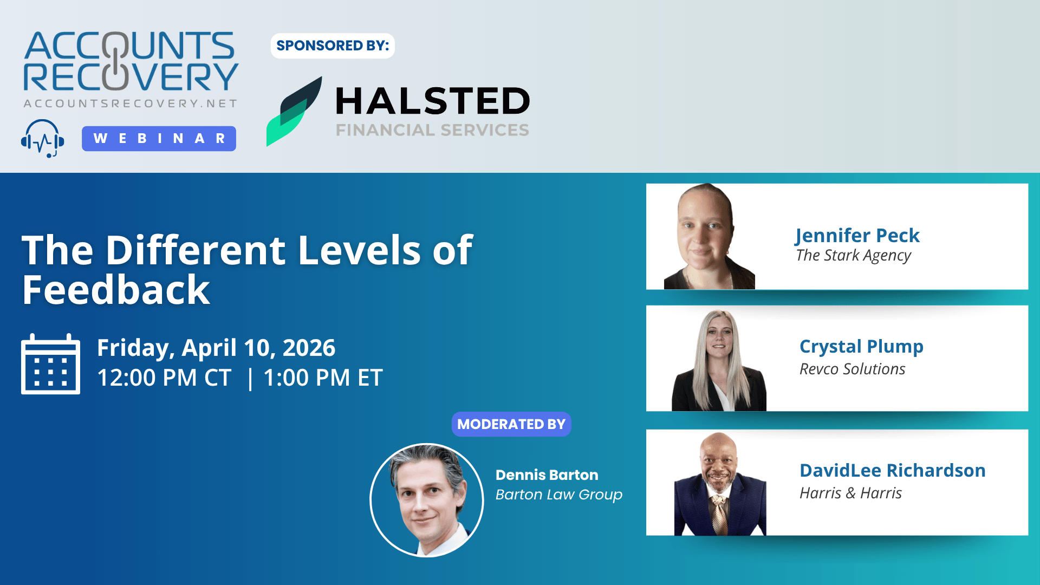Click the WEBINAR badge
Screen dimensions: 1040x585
tap(159, 139)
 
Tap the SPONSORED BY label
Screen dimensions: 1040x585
tap(333, 45)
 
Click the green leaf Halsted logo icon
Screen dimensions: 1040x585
tap(294, 112)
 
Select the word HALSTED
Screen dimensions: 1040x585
tap(433, 101)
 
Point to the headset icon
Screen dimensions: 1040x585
tap(42, 139)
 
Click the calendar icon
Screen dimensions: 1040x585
tap(50, 363)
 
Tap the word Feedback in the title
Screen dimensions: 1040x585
tap(116, 290)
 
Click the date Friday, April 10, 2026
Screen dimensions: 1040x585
tap(216, 348)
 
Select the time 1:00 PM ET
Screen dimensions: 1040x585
tap(323, 378)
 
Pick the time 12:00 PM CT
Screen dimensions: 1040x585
tap(164, 378)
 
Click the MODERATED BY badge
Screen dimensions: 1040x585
tap(511, 424)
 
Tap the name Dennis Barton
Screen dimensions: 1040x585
tap(547, 475)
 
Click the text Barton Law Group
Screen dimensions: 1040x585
tap(559, 495)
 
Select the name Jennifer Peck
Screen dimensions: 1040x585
tap(857, 236)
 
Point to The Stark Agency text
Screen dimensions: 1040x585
tap(854, 256)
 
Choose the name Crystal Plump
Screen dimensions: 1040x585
tap(861, 347)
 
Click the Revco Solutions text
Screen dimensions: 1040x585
tap(853, 369)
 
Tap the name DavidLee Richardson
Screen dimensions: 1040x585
tap(893, 470)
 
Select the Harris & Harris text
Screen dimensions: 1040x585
tap(851, 493)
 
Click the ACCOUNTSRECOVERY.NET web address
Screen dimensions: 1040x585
tap(130, 103)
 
